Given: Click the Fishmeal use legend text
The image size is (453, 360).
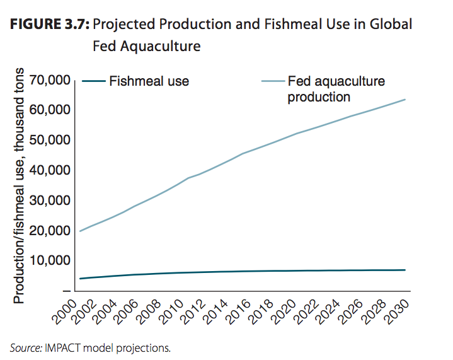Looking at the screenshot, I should click(149, 81).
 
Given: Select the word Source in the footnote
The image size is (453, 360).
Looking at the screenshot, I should click(25, 347).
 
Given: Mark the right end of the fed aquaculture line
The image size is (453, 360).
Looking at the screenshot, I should click(404, 100).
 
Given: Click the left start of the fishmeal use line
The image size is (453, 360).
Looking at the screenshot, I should click(80, 279).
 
